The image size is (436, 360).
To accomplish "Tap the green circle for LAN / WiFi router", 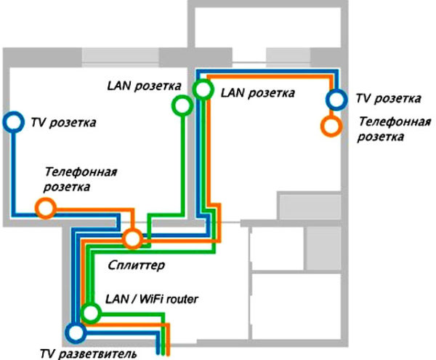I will tap(90, 313).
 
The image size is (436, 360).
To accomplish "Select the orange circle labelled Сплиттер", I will tap(132, 239).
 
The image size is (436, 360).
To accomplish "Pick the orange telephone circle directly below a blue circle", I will tap(331, 125).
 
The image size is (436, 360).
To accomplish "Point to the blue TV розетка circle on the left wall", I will tap(13, 122).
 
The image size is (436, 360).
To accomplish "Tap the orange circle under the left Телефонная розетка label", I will tap(45, 209).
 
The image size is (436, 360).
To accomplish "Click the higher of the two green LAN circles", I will tap(203, 89).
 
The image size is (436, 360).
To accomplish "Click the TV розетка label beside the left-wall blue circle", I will tap(62, 122).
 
